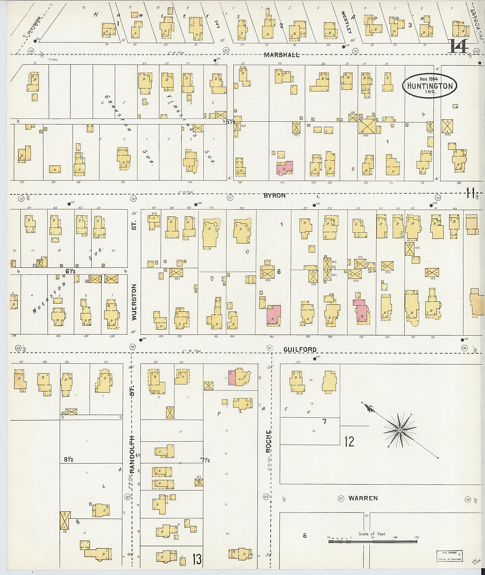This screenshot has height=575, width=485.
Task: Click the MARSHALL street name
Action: coord(282,55)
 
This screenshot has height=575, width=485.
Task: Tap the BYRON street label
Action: coord(274,196)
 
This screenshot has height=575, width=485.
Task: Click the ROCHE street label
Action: coord(269,443)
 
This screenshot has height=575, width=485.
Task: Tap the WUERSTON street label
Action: coord(134,302)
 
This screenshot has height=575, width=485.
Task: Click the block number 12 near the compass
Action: coord(349,442)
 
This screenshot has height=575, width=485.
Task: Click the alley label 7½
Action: coord(205,459)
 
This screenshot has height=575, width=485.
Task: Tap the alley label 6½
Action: coord(70,271)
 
